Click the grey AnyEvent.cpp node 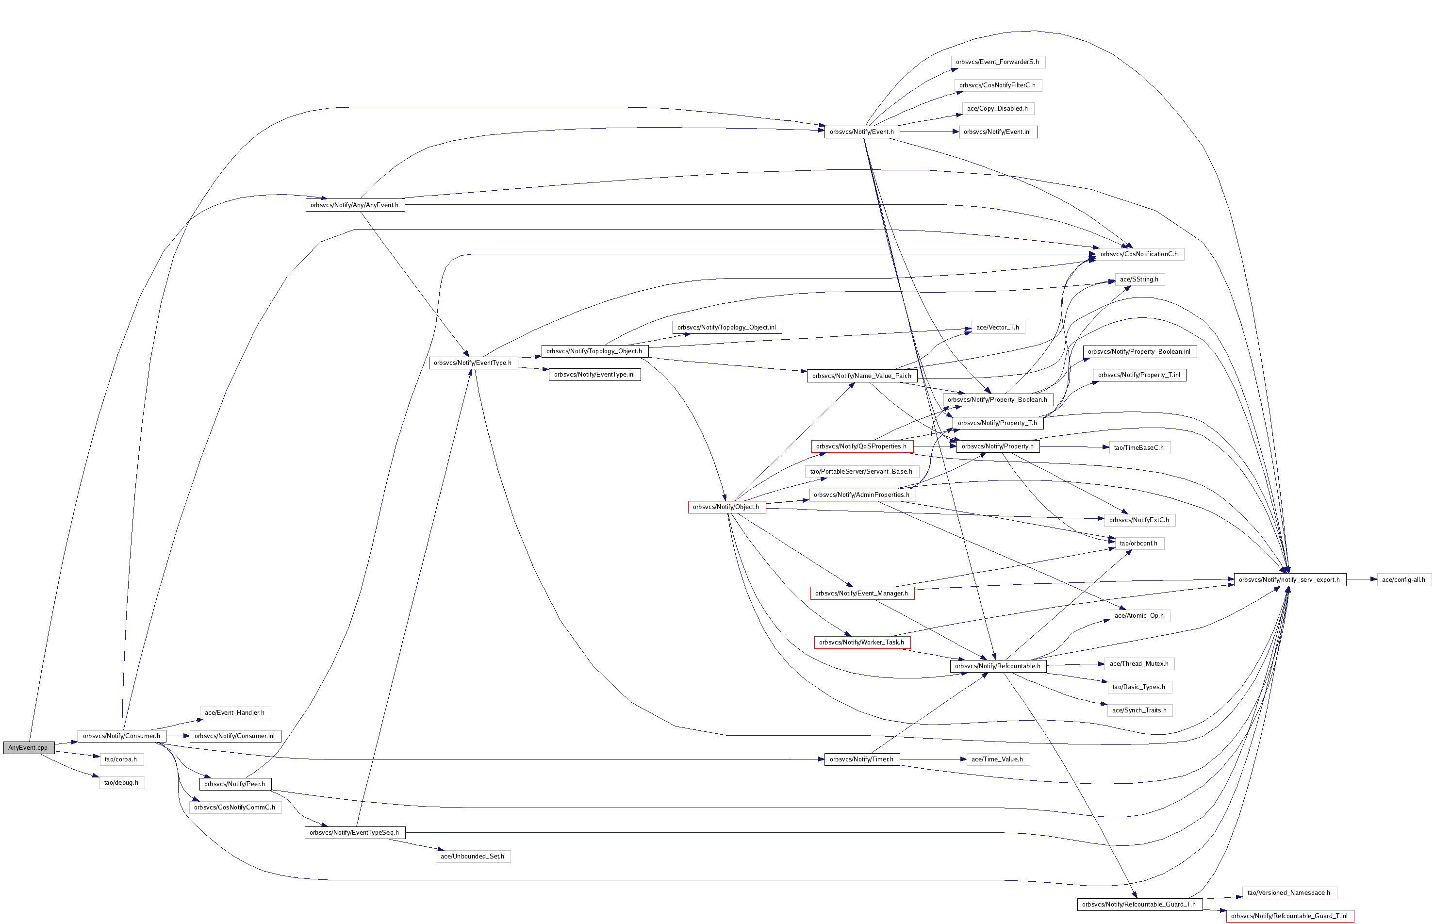point(28,748)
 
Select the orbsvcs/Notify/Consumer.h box point(121,736)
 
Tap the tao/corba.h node point(121,759)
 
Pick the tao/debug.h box point(121,783)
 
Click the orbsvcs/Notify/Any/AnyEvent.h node point(355,205)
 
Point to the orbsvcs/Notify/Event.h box point(861,132)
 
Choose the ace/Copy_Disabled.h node point(997,109)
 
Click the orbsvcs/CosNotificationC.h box point(1139,254)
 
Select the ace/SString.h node point(1139,280)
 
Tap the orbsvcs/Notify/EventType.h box point(473,363)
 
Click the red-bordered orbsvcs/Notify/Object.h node point(726,508)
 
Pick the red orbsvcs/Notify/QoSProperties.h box point(861,446)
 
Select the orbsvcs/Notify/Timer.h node point(861,759)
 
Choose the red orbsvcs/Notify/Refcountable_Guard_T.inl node point(1289,916)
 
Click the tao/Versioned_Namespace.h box point(1289,893)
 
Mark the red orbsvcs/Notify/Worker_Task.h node point(861,643)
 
